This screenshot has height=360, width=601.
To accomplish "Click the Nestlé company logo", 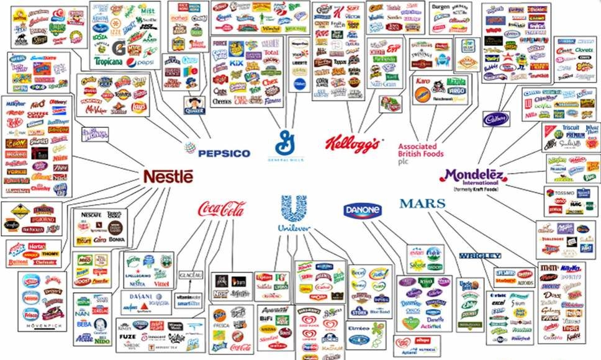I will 168,176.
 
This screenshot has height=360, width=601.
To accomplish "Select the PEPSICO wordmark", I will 216,153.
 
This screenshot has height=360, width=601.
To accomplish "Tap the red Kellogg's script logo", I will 352,145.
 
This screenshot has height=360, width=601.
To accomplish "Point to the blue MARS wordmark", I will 422,204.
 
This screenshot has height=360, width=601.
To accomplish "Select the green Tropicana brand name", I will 109,61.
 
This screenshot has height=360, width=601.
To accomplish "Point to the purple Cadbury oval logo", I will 496,118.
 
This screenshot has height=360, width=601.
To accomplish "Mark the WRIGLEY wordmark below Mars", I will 480,256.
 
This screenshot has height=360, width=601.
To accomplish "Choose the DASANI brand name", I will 145,297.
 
